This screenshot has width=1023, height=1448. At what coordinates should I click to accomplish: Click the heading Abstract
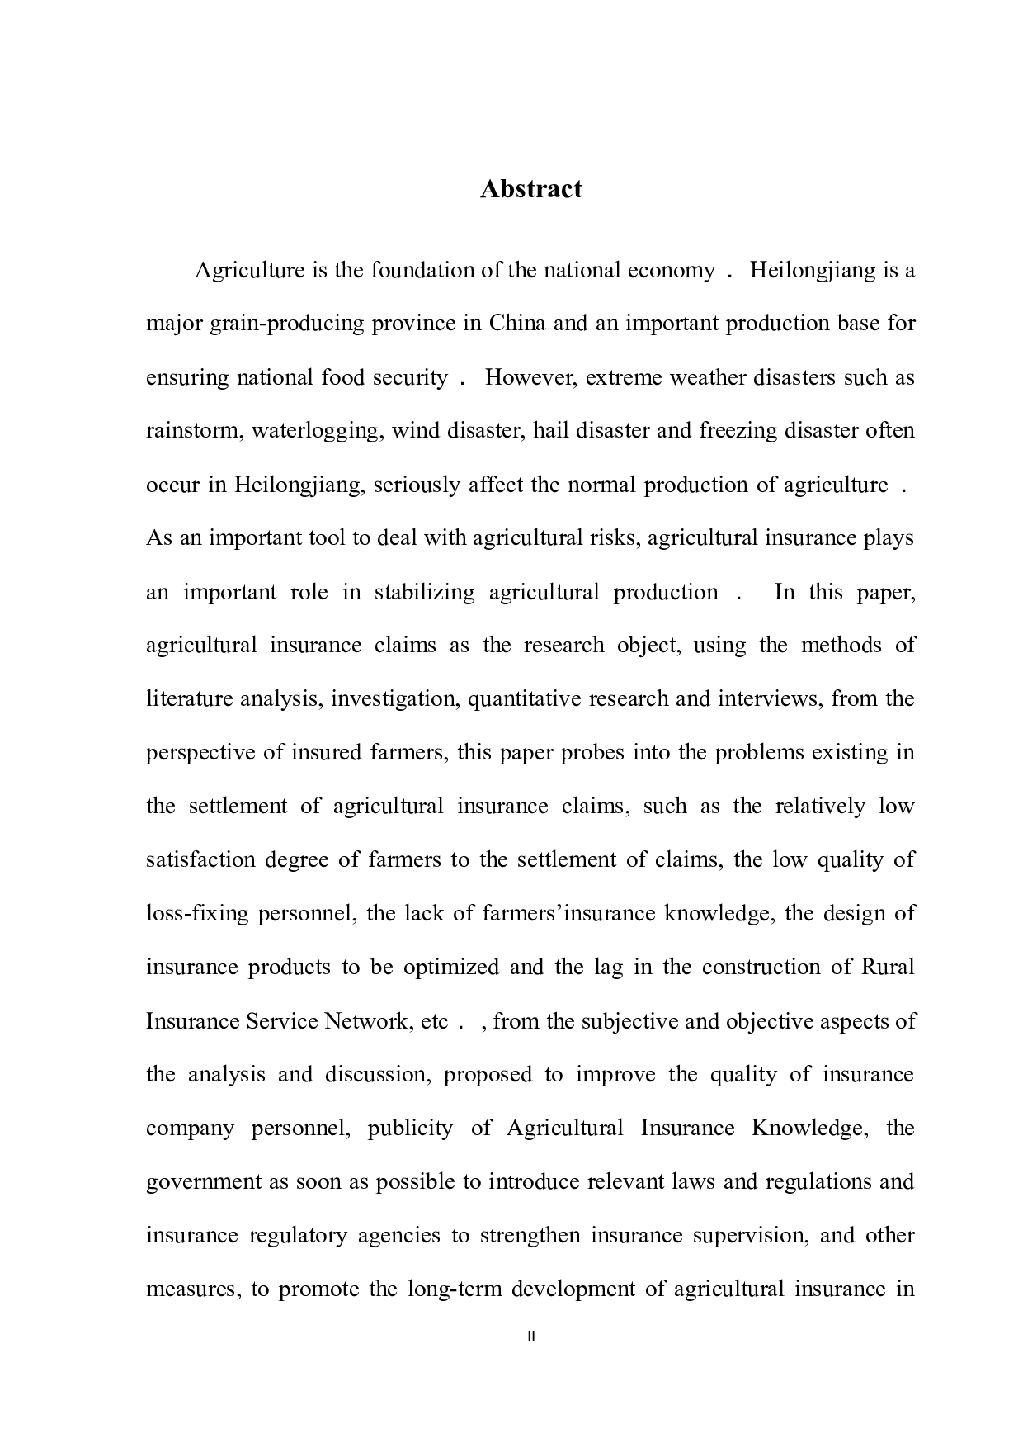530,189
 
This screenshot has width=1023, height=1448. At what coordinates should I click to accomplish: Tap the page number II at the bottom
530,1336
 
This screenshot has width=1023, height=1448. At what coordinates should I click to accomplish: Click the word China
517,323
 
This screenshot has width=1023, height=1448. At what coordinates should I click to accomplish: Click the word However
523,377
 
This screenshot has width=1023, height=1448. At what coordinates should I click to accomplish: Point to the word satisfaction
200,859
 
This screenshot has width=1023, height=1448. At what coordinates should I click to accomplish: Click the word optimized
450,968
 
